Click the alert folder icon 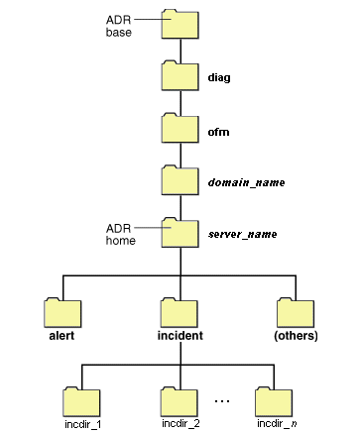click(63, 313)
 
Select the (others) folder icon click(295, 313)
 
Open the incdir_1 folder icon click(82, 401)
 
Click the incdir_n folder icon click(275, 401)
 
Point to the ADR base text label click(118, 26)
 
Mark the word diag click(219, 77)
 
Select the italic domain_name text click(242, 182)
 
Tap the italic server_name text click(242, 235)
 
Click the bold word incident click(180, 336)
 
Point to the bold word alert click(62, 336)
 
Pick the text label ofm click(218, 130)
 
